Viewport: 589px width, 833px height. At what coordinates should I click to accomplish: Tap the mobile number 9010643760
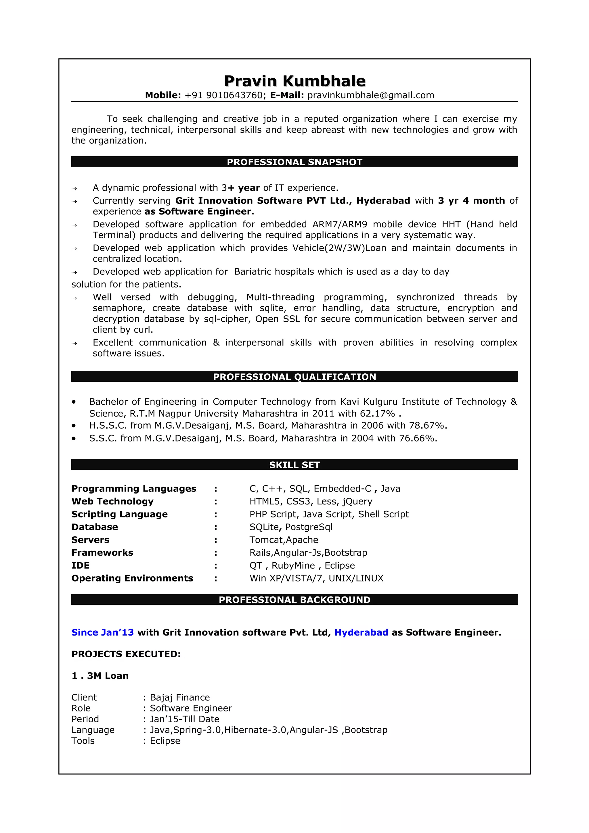pyautogui.click(x=234, y=95)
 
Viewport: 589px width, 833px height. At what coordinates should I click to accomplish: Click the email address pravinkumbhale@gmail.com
pyautogui.click(x=370, y=95)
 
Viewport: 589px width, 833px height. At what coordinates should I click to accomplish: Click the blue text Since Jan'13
pyautogui.click(x=102, y=632)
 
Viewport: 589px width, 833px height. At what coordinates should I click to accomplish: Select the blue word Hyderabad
pyautogui.click(x=361, y=632)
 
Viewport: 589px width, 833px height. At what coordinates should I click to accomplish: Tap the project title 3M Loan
pyautogui.click(x=108, y=675)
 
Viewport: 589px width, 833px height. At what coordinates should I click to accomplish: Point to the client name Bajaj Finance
pyautogui.click(x=180, y=697)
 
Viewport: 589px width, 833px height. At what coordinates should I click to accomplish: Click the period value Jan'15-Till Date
pyautogui.click(x=184, y=719)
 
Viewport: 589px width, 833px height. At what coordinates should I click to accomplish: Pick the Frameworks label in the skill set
pyautogui.click(x=102, y=552)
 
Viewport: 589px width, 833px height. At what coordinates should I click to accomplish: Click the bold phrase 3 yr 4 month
pyautogui.click(x=471, y=201)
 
